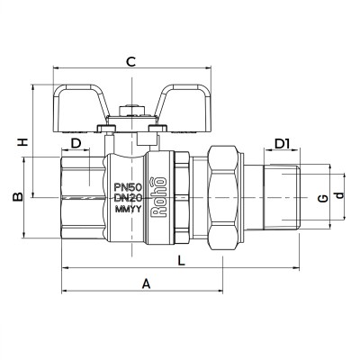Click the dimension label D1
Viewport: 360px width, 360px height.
pos(282,144)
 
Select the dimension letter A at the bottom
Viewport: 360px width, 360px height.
pos(146,283)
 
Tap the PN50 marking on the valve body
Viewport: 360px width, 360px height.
pos(129,185)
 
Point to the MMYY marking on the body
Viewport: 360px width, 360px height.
pos(129,210)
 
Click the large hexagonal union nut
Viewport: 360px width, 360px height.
pos(220,194)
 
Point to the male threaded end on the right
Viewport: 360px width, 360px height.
pos(282,194)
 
